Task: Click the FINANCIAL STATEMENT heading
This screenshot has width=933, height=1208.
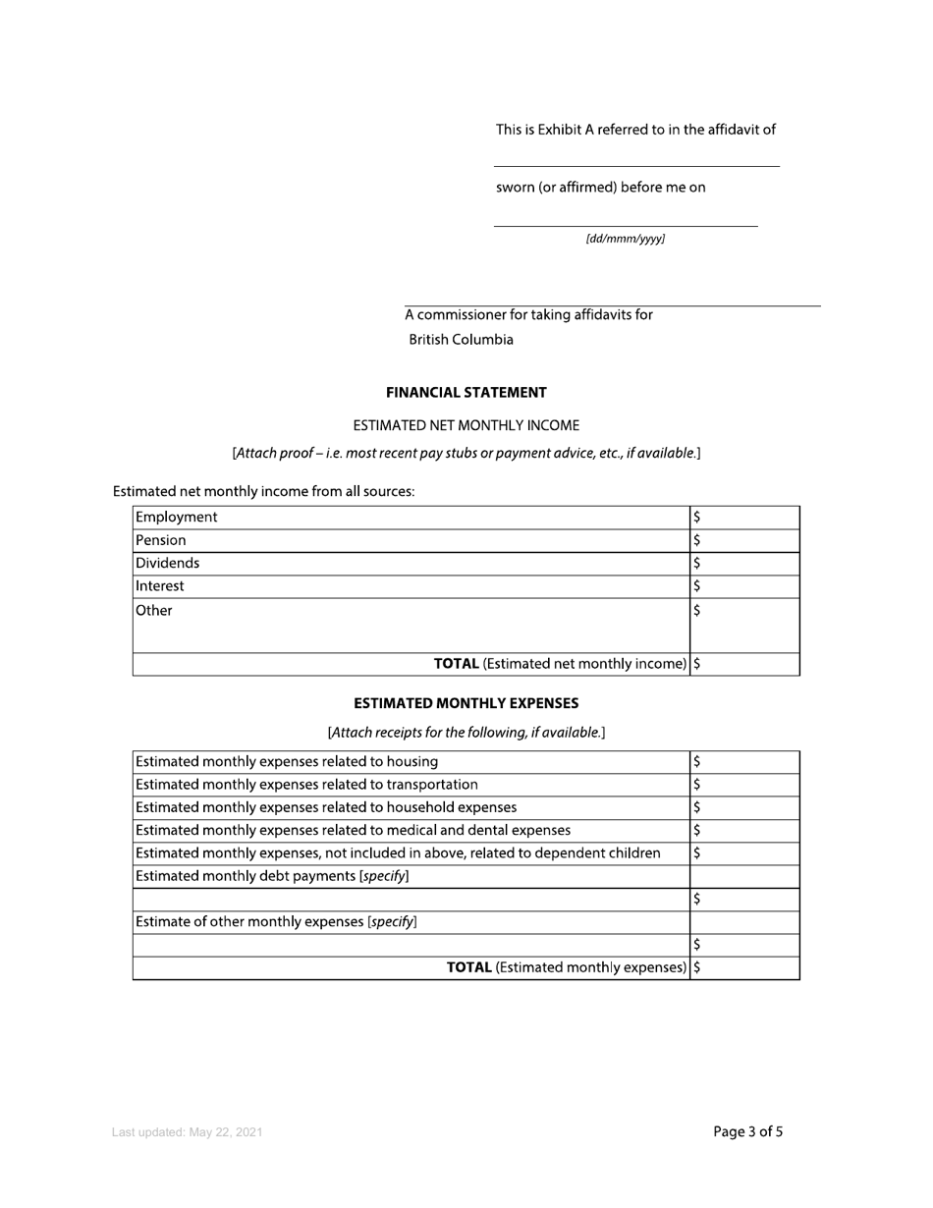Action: [466, 393]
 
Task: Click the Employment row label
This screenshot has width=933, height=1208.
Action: [177, 518]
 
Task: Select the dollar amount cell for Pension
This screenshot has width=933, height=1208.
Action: [744, 540]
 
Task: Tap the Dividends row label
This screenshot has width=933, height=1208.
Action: [168, 564]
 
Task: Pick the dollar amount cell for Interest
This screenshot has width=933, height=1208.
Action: [744, 586]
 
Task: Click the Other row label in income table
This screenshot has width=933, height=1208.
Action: [154, 611]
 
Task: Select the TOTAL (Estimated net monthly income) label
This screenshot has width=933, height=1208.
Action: [561, 664]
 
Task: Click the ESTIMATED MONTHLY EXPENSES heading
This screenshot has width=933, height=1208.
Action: [466, 704]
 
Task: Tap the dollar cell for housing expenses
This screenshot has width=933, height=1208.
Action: [744, 762]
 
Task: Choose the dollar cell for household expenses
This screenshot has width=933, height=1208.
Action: [744, 807]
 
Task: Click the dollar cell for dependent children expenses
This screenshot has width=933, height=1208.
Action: [744, 853]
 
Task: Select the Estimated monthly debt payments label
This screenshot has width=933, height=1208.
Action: [272, 876]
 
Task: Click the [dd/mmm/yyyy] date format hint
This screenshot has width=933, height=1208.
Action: [626, 240]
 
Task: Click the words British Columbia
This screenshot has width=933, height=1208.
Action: [461, 340]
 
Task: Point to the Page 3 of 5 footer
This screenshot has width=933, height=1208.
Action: [747, 1132]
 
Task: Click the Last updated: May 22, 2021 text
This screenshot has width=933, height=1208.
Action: [187, 1133]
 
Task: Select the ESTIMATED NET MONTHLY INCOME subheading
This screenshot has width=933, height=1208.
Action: [466, 425]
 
